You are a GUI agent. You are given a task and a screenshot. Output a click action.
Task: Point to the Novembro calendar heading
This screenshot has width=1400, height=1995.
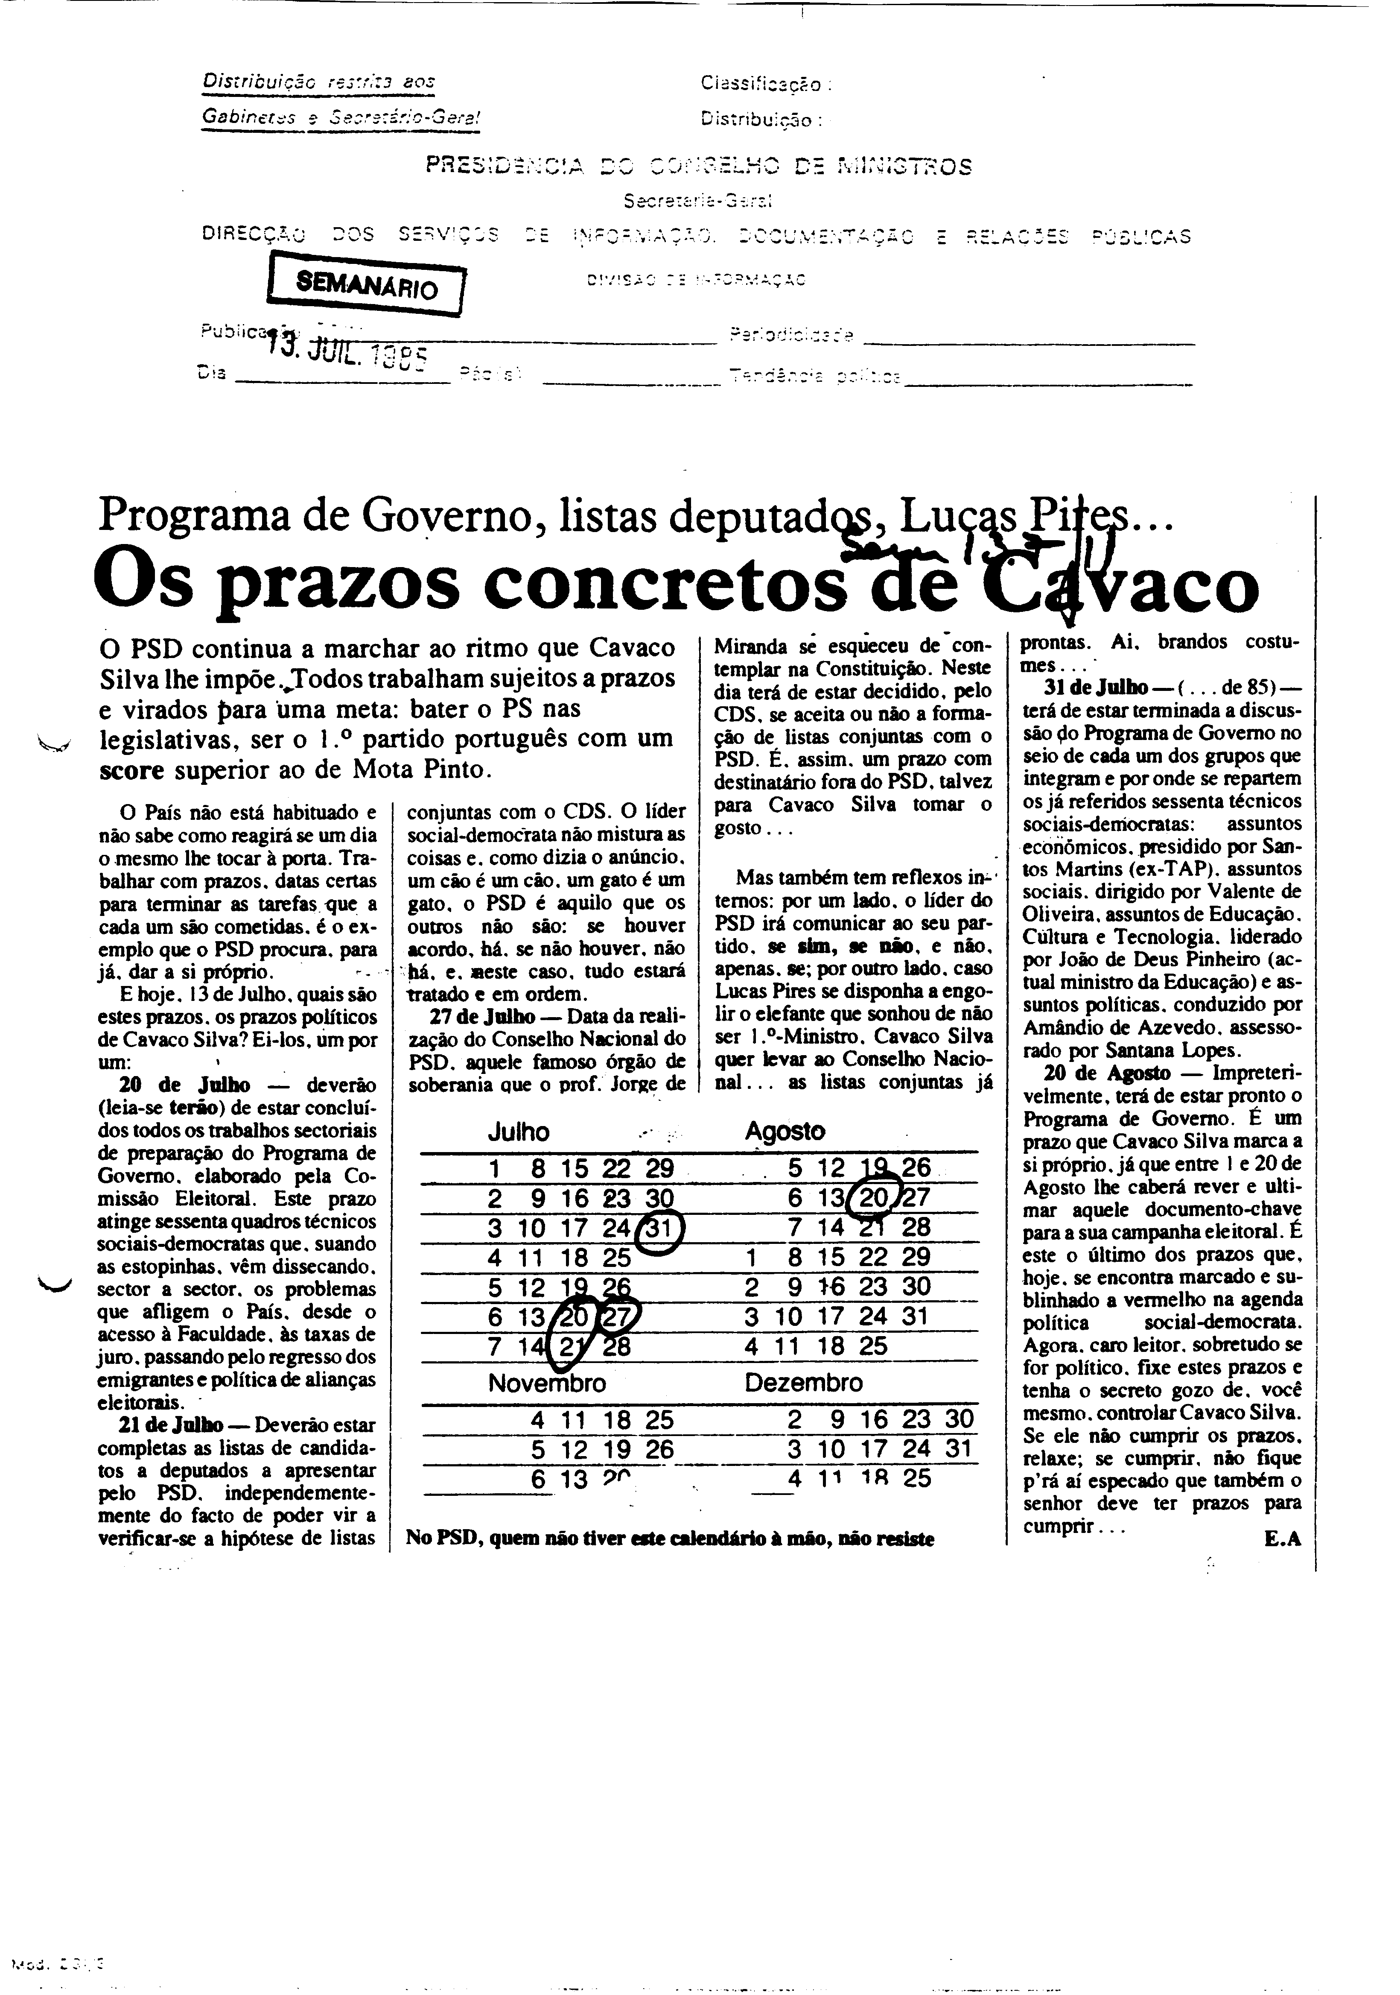pyautogui.click(x=547, y=1383)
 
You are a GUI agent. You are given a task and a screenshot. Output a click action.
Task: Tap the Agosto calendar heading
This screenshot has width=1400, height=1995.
pyautogui.click(x=785, y=1131)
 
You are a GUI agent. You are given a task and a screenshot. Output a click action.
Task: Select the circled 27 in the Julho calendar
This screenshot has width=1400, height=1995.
pyautogui.click(x=618, y=1316)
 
